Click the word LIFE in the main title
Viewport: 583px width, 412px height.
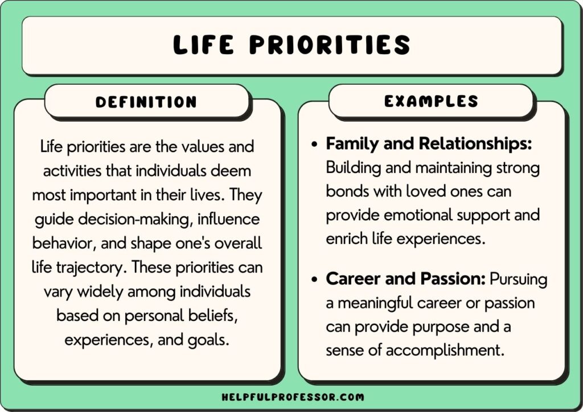(x=208, y=44)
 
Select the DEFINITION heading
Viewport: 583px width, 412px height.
(x=146, y=102)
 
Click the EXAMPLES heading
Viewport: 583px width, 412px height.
(x=431, y=102)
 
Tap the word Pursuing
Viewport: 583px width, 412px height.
(x=519, y=280)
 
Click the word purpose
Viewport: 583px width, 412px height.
(x=441, y=327)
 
